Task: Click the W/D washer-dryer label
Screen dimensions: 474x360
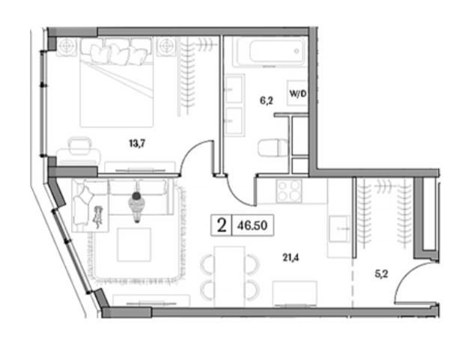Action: (298, 94)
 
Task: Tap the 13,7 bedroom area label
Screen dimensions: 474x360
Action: (137, 143)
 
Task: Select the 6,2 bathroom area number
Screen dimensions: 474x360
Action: (267, 100)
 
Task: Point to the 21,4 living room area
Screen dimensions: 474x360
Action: (291, 257)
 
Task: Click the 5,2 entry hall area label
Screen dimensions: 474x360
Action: (381, 274)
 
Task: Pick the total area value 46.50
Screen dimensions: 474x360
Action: (252, 225)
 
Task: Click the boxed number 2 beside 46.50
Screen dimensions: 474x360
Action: (222, 225)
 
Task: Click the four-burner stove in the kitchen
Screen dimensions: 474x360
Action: (289, 191)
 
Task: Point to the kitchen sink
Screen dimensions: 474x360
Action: (339, 229)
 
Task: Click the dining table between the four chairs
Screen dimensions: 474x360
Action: (229, 276)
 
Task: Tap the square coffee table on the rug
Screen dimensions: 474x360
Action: (134, 245)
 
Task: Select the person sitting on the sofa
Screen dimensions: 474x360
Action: (136, 206)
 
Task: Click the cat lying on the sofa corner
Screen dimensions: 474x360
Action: (98, 216)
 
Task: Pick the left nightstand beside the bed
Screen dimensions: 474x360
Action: (67, 46)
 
